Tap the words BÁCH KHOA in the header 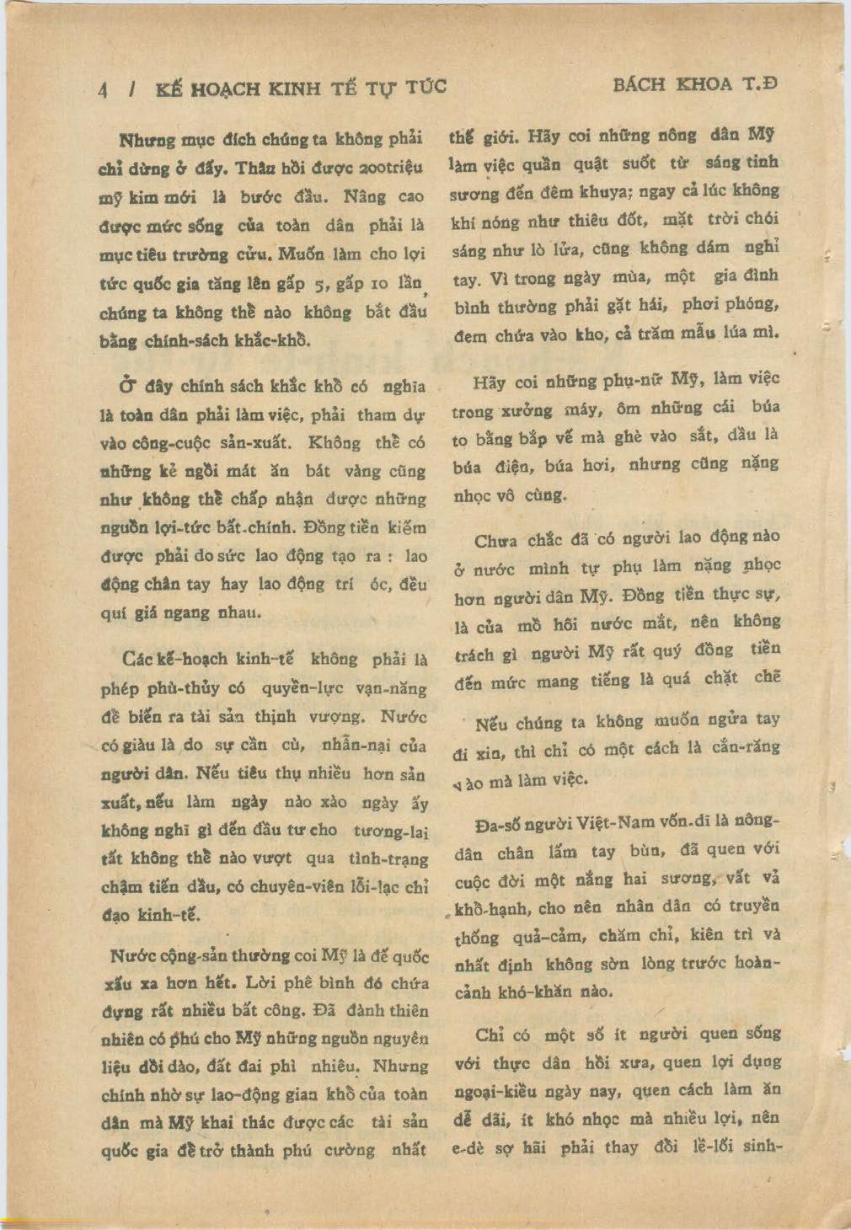(x=673, y=84)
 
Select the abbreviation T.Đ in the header (x=757, y=84)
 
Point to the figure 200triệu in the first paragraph (x=388, y=167)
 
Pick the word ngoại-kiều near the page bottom (x=495, y=1092)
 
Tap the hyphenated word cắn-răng (x=745, y=747)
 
